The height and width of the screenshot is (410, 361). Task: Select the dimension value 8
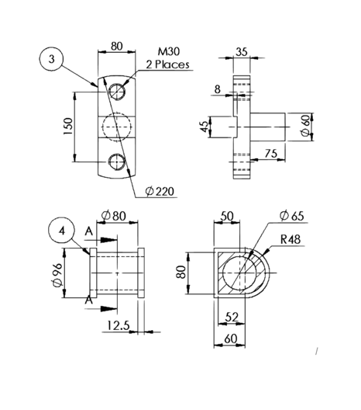pyautogui.click(x=218, y=90)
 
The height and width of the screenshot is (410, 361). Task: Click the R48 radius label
pyautogui.click(x=291, y=239)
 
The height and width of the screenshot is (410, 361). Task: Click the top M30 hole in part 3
pyautogui.click(x=117, y=91)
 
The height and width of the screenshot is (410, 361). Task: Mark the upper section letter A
pyautogui.click(x=90, y=232)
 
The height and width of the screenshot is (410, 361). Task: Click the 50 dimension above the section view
pyautogui.click(x=227, y=216)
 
